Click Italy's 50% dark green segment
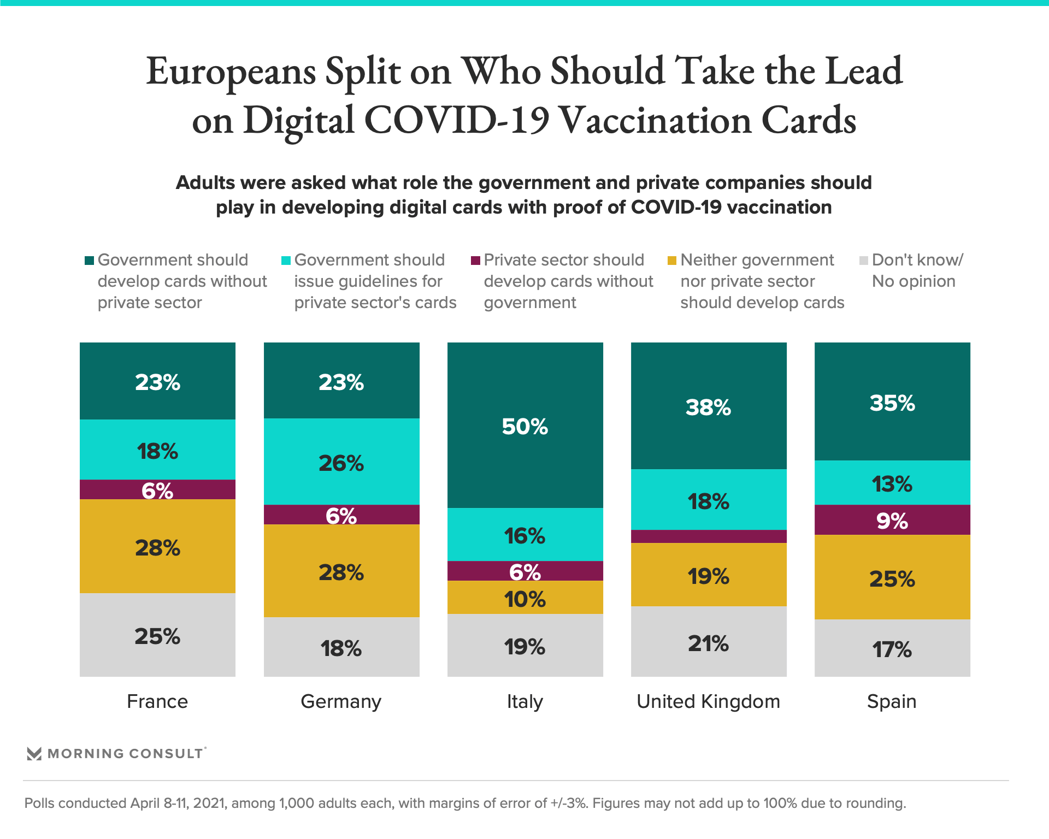(525, 426)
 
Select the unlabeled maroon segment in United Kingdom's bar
(709, 536)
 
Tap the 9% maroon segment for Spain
(892, 520)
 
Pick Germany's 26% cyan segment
(341, 462)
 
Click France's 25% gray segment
(157, 635)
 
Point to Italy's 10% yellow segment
(525, 598)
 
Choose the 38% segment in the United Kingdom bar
(709, 406)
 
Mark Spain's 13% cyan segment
(892, 483)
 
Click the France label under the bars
(157, 701)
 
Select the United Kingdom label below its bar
(709, 701)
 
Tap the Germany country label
(341, 701)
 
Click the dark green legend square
(89, 261)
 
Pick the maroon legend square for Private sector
(475, 261)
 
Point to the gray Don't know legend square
(864, 261)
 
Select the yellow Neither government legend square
(672, 261)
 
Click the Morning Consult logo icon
(34, 754)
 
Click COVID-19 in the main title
(457, 120)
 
